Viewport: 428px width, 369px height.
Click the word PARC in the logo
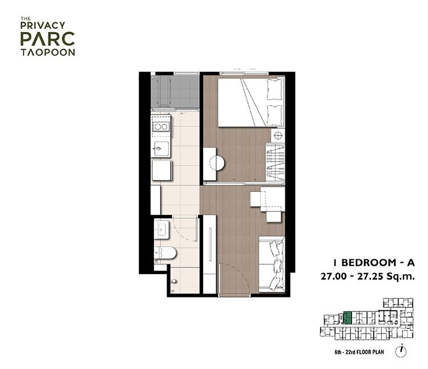point(47,39)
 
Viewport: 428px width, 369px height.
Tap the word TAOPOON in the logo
point(48,53)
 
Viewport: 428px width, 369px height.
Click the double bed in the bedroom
point(251,102)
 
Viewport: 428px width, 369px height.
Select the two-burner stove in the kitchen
point(161,126)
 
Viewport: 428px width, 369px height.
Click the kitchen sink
point(161,149)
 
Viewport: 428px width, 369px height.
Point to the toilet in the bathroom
point(165,253)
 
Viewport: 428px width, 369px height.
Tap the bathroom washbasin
point(161,230)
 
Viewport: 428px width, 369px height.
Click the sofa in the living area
point(272,264)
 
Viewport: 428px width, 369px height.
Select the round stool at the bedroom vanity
point(217,163)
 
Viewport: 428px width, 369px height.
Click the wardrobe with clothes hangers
point(275,162)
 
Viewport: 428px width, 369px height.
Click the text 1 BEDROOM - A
point(374,263)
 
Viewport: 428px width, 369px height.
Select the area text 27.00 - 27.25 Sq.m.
point(368,276)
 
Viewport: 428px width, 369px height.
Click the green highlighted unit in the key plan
point(347,318)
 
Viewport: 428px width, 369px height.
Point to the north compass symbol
point(401,351)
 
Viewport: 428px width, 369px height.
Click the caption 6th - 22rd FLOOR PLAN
point(359,352)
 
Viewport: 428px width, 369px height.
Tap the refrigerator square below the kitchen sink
point(162,171)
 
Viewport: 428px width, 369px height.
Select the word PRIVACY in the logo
point(43,25)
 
